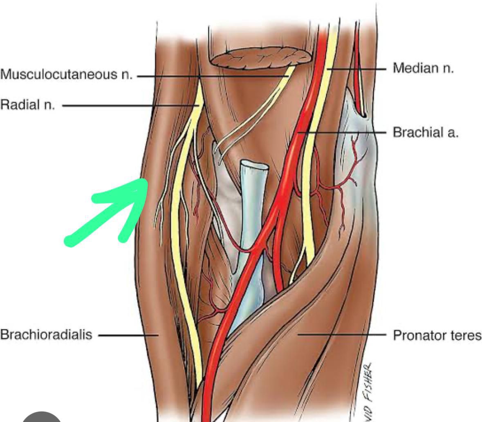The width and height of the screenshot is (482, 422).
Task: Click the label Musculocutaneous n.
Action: (x=66, y=75)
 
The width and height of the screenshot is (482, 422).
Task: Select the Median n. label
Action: (x=423, y=68)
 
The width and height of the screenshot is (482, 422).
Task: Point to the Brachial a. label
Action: (x=425, y=132)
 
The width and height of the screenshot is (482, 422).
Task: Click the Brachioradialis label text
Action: (x=46, y=335)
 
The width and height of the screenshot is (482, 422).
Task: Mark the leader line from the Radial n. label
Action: (x=127, y=106)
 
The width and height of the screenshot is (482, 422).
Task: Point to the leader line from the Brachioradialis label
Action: (x=127, y=335)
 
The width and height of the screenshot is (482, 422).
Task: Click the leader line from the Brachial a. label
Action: (x=343, y=133)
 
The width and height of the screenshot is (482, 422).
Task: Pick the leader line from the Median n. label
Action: (x=360, y=69)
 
